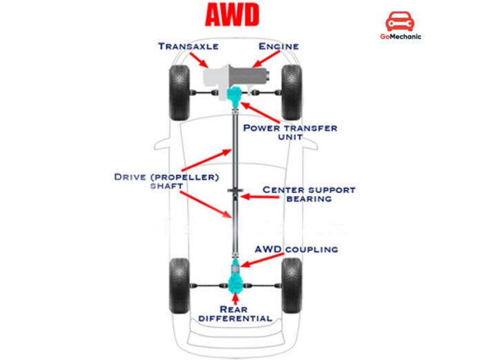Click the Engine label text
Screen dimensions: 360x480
coord(278,46)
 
